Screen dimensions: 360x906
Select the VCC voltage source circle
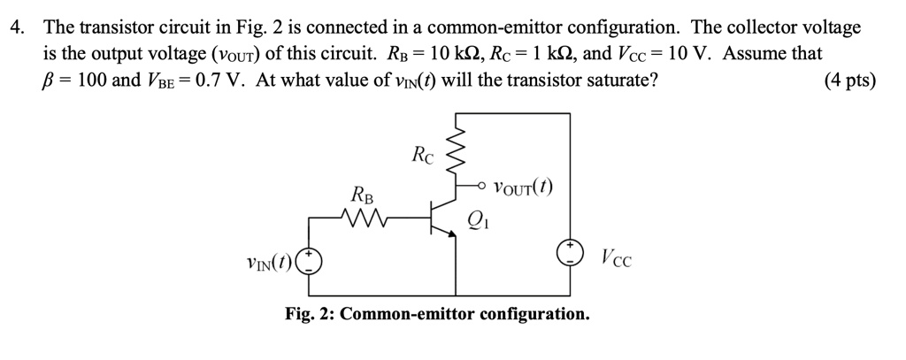pos(568,255)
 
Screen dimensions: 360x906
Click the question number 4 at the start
pos(15,27)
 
